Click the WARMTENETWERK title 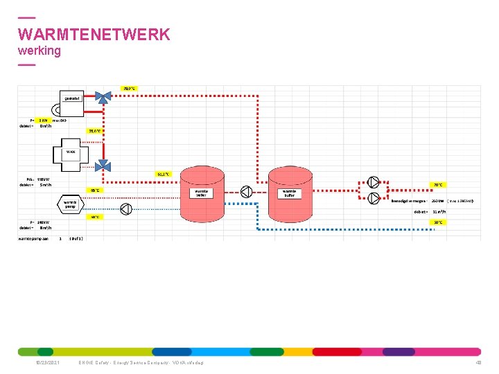pos(94,35)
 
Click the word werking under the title pos(40,51)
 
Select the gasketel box pos(72,99)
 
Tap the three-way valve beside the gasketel pos(103,98)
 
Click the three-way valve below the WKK pos(103,164)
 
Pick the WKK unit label pos(71,152)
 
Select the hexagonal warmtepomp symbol pos(71,204)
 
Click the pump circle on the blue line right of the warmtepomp pos(126,209)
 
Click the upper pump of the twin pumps pos(374,183)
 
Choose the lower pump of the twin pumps pos(374,198)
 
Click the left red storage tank pos(201,191)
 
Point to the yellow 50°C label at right pos(437,222)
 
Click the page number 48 pos(478,363)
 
